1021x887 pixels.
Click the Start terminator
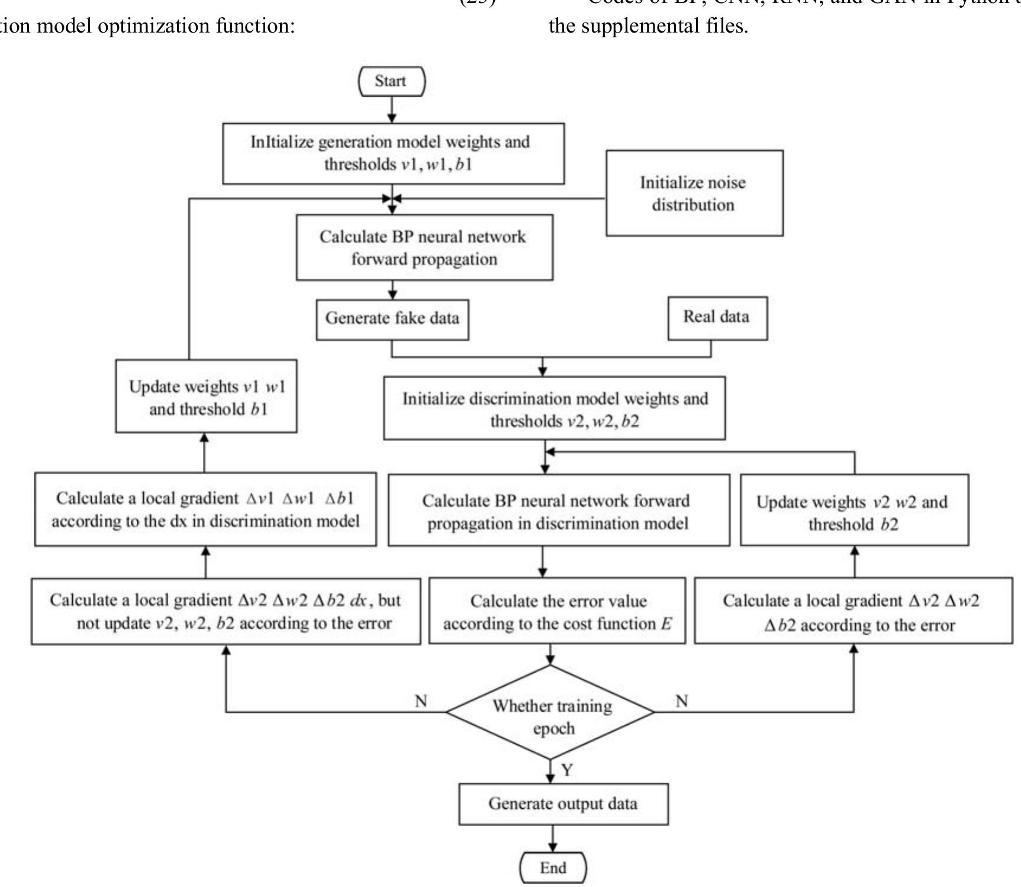click(x=391, y=82)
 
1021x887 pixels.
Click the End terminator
click(x=553, y=868)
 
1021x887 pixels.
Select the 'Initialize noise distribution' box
click(x=694, y=194)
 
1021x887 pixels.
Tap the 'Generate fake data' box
click(x=392, y=319)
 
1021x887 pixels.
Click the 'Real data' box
click(x=717, y=318)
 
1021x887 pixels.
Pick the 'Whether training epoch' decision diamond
click(x=551, y=712)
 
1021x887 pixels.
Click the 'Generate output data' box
click(x=563, y=804)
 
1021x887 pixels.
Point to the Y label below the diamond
click(x=567, y=770)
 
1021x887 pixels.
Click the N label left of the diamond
click(x=421, y=701)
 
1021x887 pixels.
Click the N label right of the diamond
click(x=682, y=701)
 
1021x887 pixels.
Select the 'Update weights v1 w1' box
click(x=206, y=397)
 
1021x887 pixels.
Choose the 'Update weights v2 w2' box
click(x=853, y=512)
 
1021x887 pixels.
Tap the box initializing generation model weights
click(x=393, y=153)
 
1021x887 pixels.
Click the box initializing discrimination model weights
click(x=555, y=409)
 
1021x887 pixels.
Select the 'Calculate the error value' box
click(x=556, y=612)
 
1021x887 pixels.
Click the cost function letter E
click(x=666, y=624)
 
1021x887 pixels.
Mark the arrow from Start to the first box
click(x=391, y=110)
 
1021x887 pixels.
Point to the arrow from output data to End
click(x=552, y=838)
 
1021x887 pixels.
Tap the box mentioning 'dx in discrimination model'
click(x=205, y=509)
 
